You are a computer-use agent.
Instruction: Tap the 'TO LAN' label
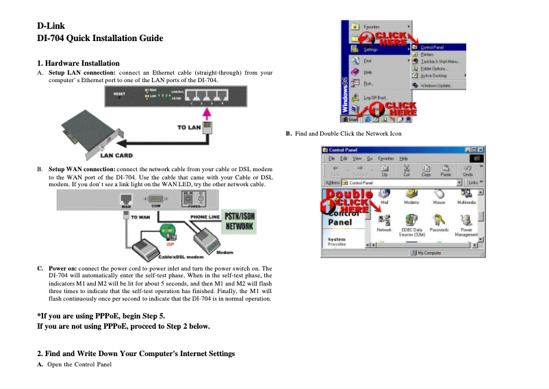coord(189,127)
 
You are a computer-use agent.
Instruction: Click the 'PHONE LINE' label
coord(205,217)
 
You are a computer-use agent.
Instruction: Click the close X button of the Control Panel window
coord(480,149)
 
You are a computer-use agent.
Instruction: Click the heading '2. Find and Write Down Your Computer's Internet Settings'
coord(136,353)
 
